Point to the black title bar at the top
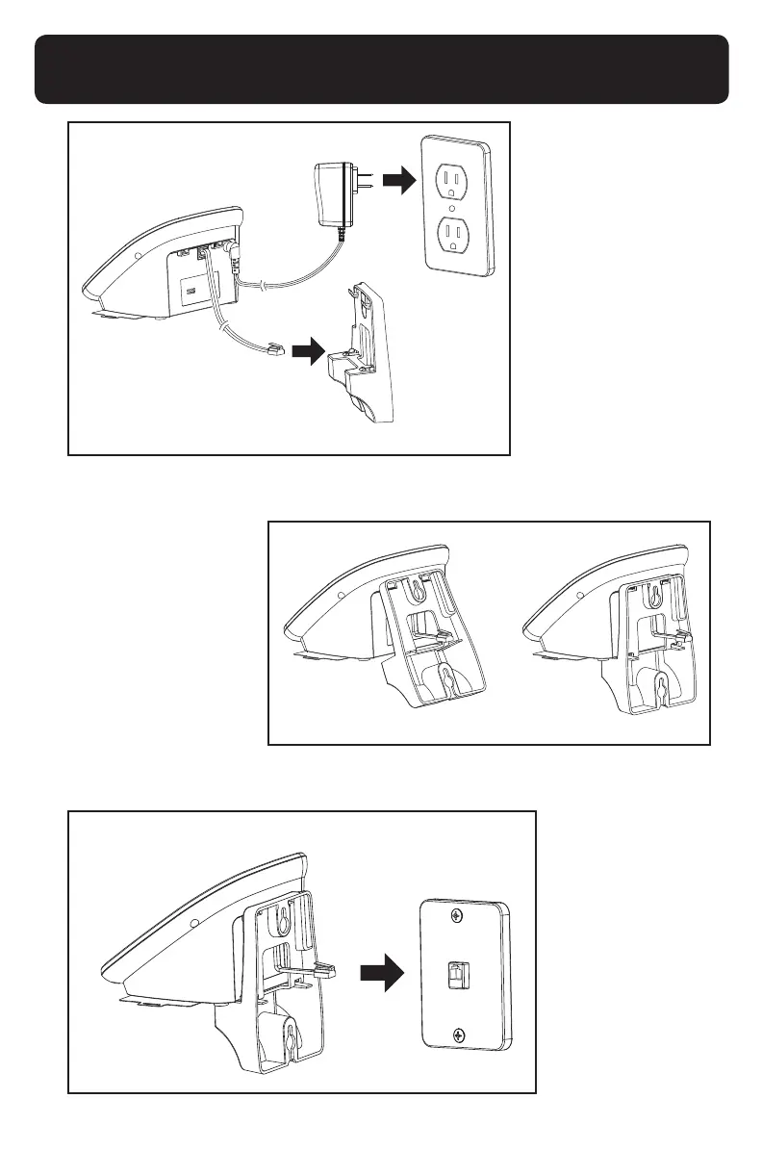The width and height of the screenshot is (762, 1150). coord(381,69)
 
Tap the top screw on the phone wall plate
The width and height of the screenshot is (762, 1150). coord(460,913)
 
